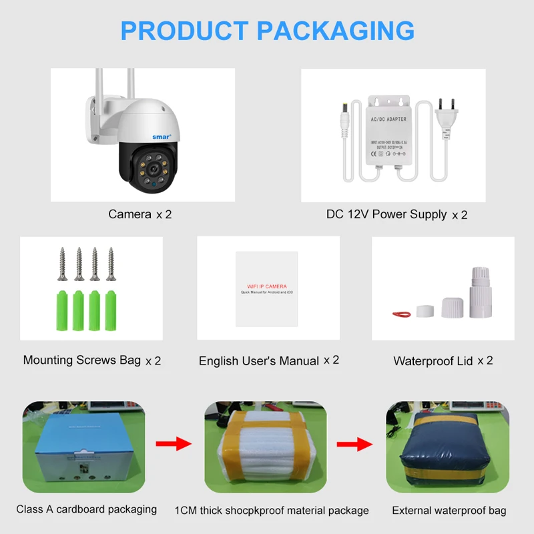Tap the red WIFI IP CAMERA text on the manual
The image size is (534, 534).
tap(266, 286)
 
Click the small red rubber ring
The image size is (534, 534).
tap(400, 312)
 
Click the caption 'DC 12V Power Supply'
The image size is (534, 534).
tap(386, 214)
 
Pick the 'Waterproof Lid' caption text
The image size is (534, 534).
tap(433, 361)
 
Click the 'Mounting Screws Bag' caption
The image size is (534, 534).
tap(82, 360)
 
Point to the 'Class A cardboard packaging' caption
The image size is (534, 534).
tap(87, 509)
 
